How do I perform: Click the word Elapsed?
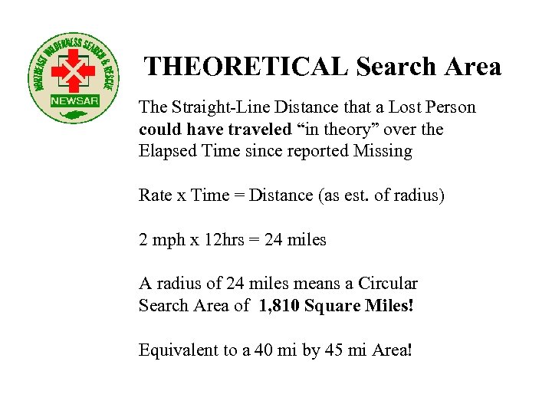pyautogui.click(x=166, y=151)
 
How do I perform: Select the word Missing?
pyautogui.click(x=384, y=151)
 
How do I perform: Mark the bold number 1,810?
pyautogui.click(x=279, y=306)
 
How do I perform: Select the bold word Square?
pyautogui.click(x=332, y=306)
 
